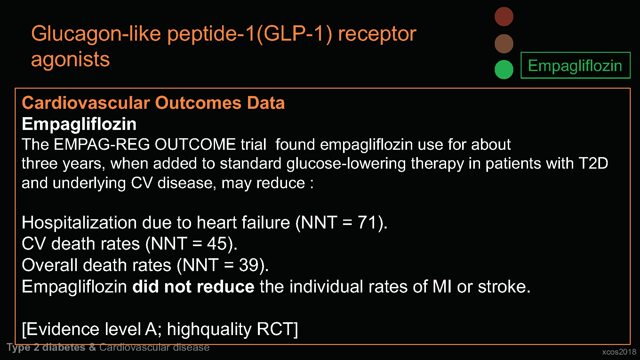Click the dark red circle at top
click(504, 17)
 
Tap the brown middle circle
click(504, 44)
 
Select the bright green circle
click(504, 69)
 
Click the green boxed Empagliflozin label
click(575, 66)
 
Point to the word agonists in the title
click(70, 60)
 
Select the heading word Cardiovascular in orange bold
click(86, 103)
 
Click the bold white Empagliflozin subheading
click(79, 124)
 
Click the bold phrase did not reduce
click(193, 286)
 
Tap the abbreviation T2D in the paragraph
click(594, 164)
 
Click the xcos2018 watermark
click(619, 352)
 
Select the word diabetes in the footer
click(64, 348)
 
